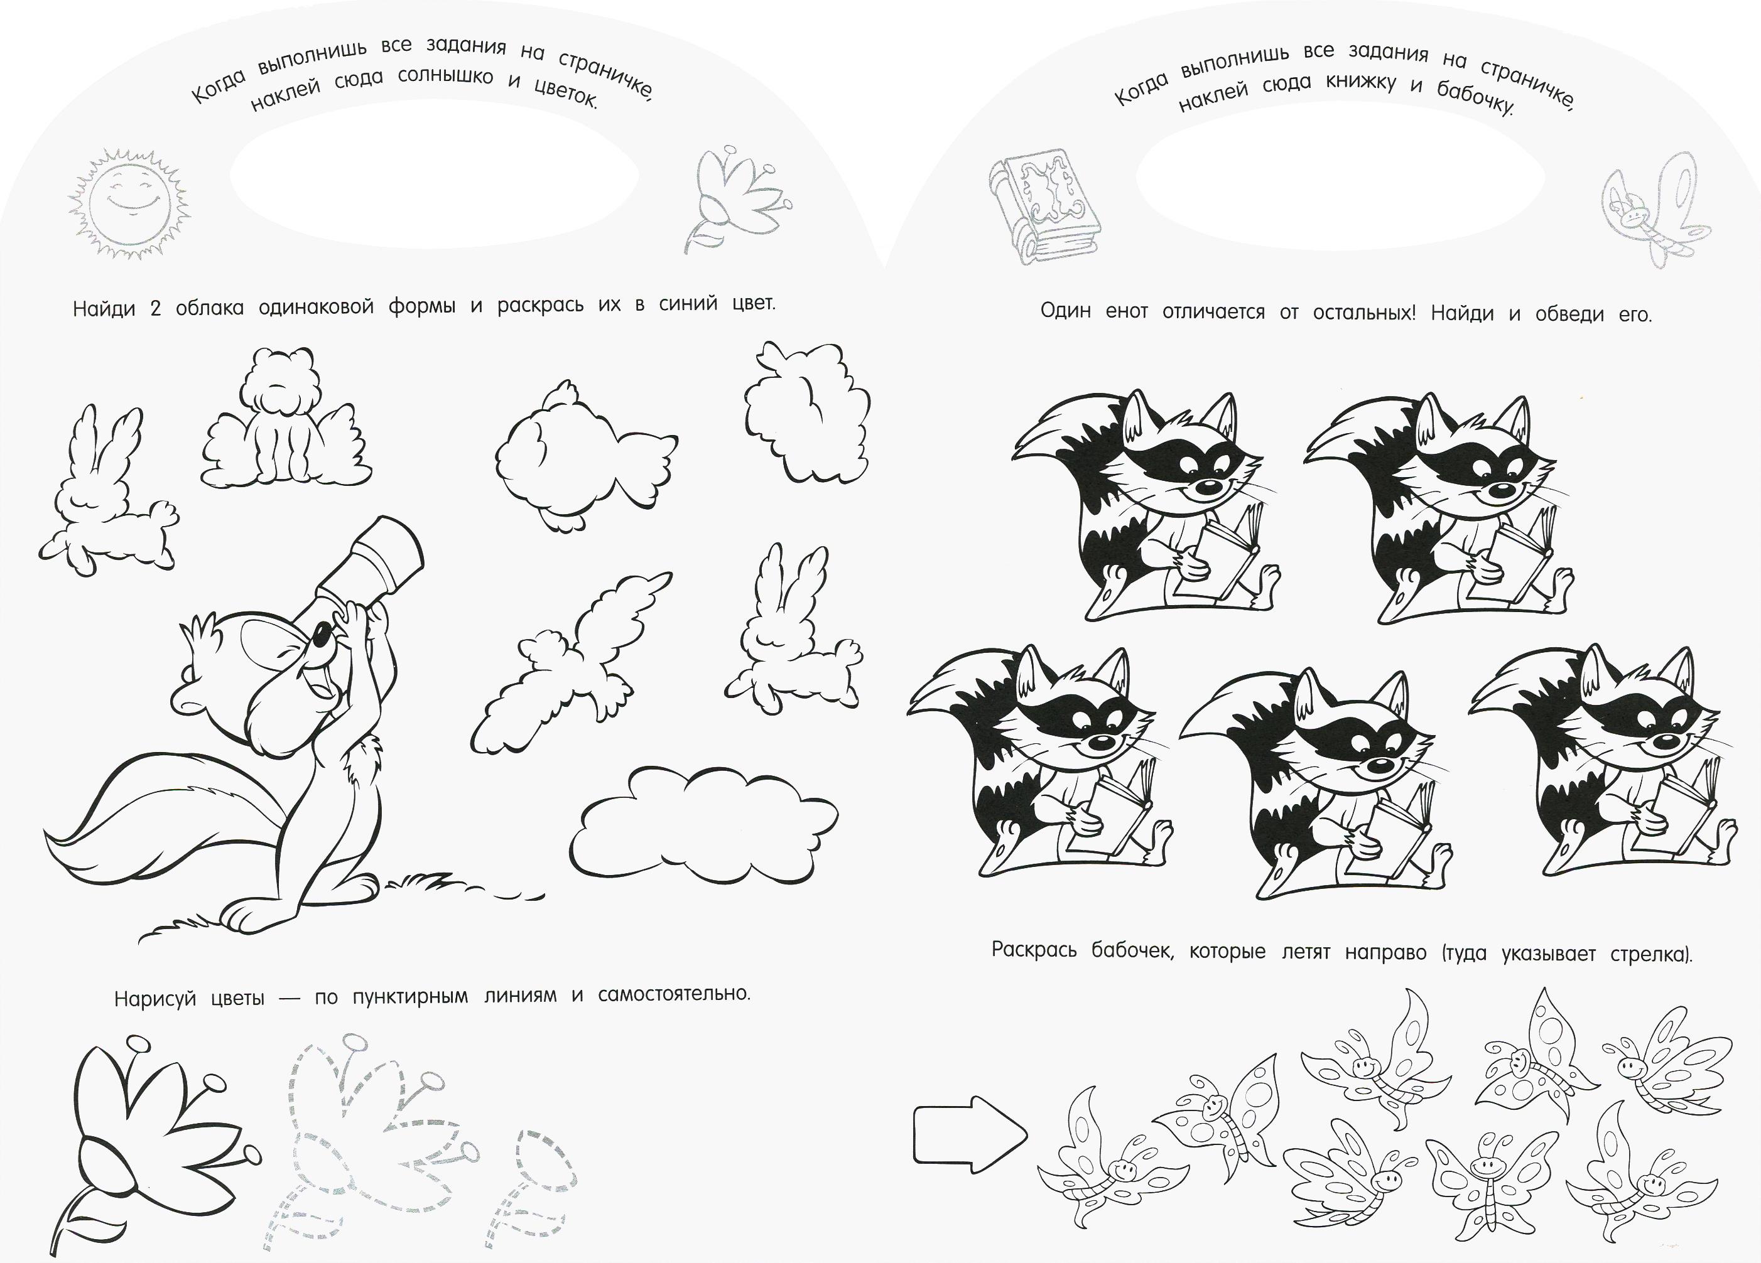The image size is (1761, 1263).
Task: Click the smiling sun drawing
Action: click(x=128, y=196)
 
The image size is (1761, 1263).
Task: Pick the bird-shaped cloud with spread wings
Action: click(x=571, y=664)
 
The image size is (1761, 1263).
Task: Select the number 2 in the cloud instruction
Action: click(x=155, y=309)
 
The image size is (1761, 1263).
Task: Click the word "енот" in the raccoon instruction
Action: click(x=1127, y=312)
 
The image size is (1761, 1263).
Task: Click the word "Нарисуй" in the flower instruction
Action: click(x=154, y=999)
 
